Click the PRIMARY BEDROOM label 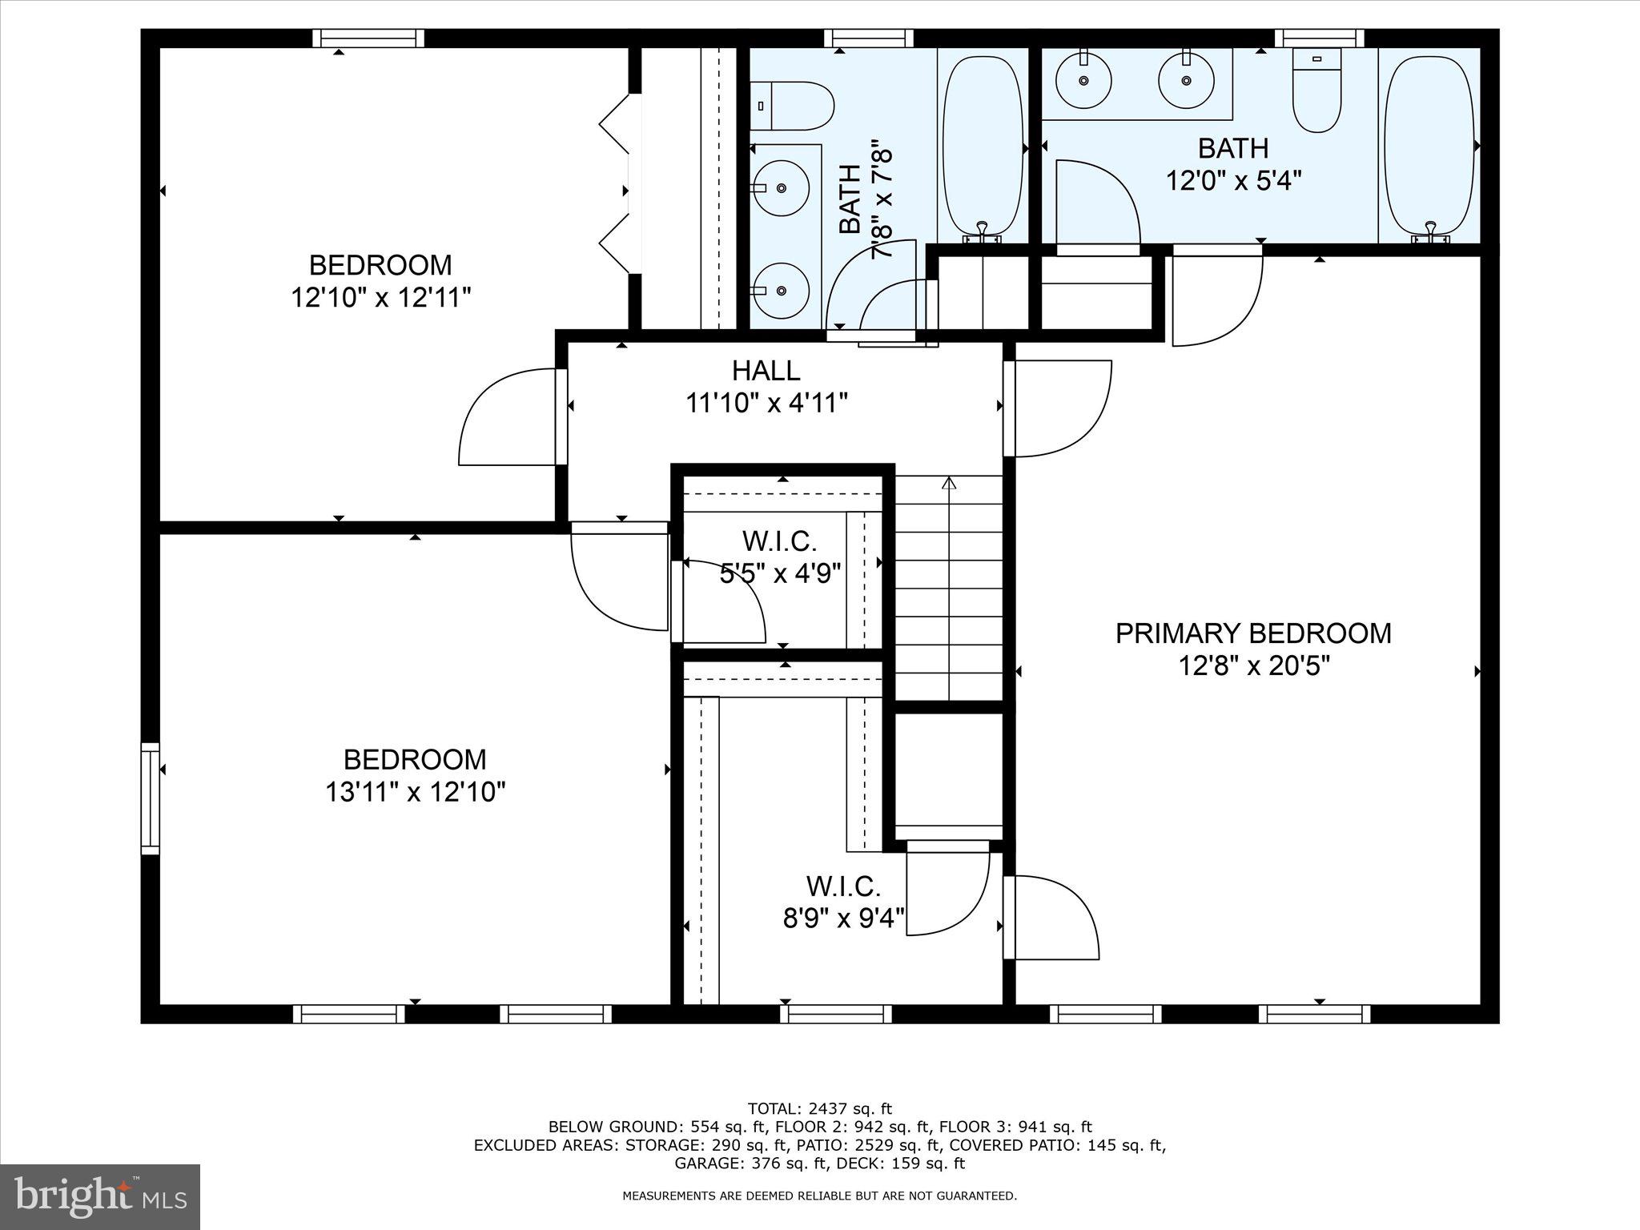tap(1253, 633)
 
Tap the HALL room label tap(766, 371)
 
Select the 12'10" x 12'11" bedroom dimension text tap(380, 298)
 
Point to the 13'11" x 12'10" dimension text tap(415, 793)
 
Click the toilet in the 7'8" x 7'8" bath tap(793, 106)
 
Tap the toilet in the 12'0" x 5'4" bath tap(1317, 90)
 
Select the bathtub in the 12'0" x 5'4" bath tap(1429, 148)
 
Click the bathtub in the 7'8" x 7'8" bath tap(983, 148)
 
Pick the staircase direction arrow tap(950, 484)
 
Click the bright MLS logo tap(100, 1196)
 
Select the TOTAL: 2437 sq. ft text tap(819, 1109)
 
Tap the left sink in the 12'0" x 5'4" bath tap(1083, 80)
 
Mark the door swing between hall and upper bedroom tap(508, 416)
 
